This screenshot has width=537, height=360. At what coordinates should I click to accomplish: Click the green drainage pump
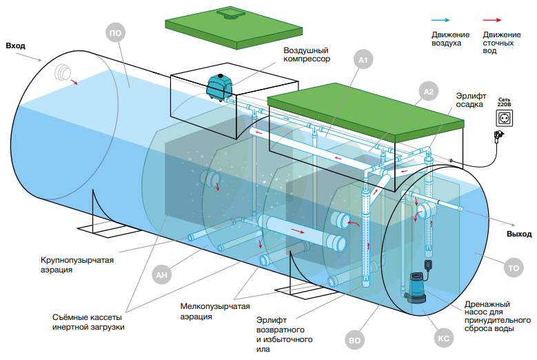tap(416, 286)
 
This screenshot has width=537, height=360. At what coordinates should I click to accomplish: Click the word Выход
tap(519, 234)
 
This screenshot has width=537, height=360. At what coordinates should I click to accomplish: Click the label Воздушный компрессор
tap(307, 54)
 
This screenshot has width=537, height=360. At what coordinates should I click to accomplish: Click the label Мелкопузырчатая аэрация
tap(215, 310)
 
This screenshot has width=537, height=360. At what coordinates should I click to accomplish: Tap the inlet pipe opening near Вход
tap(64, 72)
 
